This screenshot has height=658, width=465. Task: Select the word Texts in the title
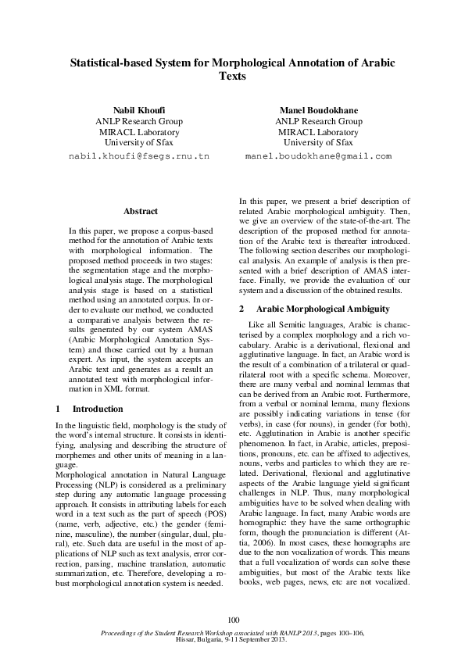[232, 77]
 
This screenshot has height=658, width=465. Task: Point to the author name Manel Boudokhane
[318, 109]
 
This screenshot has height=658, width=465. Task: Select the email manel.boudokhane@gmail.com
[318, 156]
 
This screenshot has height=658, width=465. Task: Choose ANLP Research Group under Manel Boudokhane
[318, 121]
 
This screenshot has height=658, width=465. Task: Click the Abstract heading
[141, 211]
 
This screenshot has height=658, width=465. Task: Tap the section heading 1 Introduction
[90, 409]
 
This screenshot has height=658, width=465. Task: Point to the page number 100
[232, 620]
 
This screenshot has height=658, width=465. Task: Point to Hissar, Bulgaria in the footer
[199, 638]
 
